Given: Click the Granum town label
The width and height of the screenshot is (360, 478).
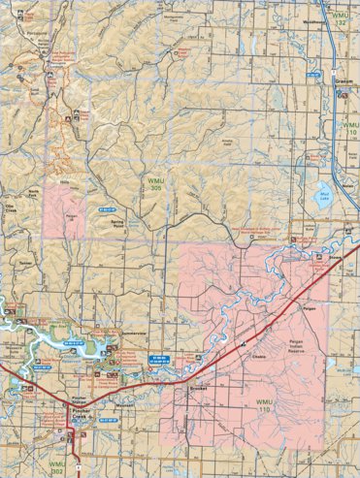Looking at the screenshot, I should (x=343, y=83).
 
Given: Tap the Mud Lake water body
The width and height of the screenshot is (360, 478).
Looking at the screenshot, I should (x=323, y=199).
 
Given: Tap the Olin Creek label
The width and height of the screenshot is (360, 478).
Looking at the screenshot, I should (x=14, y=207).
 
